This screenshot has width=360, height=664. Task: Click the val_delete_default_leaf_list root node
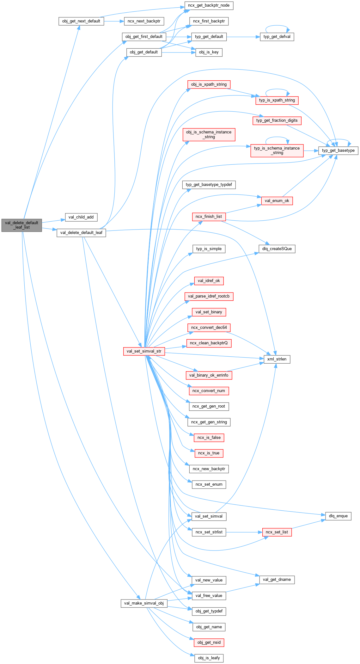21,225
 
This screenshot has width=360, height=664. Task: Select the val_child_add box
81,217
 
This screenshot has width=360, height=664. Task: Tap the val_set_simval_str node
144,351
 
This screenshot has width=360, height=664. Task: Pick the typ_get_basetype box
338,151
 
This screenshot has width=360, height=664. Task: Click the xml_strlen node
277,359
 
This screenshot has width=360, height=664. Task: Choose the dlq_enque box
338,516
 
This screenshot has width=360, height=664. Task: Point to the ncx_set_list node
277,532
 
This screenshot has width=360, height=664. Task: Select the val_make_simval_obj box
144,603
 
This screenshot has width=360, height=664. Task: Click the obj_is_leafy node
209,658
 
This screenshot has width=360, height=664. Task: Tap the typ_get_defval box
277,37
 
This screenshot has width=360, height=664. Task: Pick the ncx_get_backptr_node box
209,5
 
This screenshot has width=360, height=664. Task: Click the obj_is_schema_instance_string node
209,134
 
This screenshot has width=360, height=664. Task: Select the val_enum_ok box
277,201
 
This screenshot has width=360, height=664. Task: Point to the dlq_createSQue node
277,249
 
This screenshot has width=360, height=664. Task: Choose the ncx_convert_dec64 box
209,328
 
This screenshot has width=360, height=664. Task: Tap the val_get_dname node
277,580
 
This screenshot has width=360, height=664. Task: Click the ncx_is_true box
209,453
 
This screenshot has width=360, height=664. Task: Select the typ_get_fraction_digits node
277,120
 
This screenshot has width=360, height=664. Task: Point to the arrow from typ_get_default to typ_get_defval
243,37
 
